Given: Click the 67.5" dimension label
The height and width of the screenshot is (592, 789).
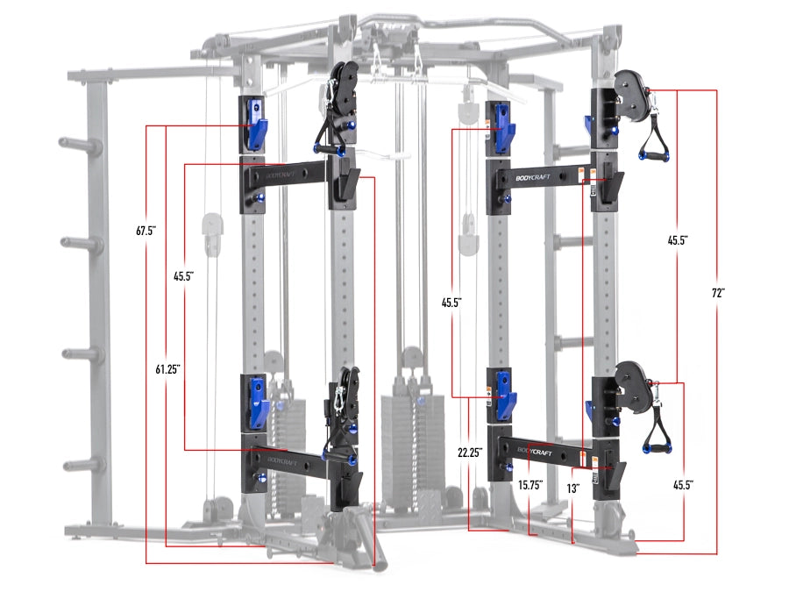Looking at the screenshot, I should click(x=145, y=232).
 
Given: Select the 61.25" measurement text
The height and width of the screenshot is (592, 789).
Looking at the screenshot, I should click(x=167, y=369).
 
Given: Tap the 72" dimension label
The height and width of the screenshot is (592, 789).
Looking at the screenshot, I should click(x=718, y=294).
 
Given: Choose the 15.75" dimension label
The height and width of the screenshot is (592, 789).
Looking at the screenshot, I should click(x=530, y=484).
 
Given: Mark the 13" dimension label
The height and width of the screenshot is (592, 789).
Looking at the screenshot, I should click(x=572, y=484).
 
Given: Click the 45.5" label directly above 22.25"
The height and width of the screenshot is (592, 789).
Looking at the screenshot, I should click(x=451, y=302).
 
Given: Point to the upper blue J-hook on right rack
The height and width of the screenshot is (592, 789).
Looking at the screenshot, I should click(x=503, y=128).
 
